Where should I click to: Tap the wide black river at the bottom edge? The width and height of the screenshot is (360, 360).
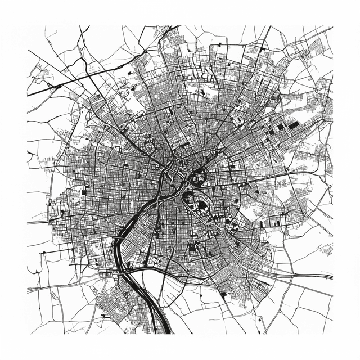pos(164,326)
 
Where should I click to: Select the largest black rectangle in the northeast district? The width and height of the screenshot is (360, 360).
pos(293,124)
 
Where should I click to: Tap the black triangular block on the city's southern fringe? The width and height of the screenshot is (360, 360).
pos(223,294)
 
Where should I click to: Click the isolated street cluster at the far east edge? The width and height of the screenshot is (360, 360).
pos(326,248)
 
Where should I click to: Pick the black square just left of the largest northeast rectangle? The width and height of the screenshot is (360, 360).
pos(280,127)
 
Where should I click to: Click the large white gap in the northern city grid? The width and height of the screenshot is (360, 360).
pos(209,90)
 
